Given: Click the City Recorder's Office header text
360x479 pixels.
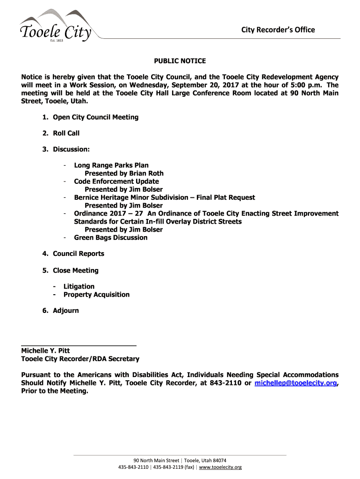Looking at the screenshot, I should click(278, 30).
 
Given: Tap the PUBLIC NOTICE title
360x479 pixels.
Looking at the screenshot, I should click(180, 61).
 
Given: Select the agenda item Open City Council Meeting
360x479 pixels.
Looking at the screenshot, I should click(95, 117).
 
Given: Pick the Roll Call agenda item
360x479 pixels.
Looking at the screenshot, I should click(66, 133).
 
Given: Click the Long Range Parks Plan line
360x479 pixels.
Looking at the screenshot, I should click(111, 165).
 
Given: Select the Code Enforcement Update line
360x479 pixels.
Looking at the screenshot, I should click(116, 181).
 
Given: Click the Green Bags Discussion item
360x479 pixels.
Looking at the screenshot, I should click(111, 238).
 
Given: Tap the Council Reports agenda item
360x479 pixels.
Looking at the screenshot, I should click(79, 254).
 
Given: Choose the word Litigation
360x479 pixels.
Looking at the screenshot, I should click(79, 286).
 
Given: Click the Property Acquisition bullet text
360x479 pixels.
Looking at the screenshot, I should click(96, 295).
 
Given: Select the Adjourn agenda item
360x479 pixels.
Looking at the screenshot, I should click(65, 311).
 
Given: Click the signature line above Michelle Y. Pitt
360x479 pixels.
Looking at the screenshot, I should click(79, 345).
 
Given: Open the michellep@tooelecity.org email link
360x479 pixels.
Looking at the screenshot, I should click(295, 383).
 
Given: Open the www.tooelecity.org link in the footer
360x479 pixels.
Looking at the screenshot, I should click(221, 467).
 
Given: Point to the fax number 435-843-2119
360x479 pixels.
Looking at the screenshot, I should click(169, 467).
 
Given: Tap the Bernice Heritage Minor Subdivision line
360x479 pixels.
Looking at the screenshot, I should click(165, 197).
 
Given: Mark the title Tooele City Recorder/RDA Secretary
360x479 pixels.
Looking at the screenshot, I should click(80, 359).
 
